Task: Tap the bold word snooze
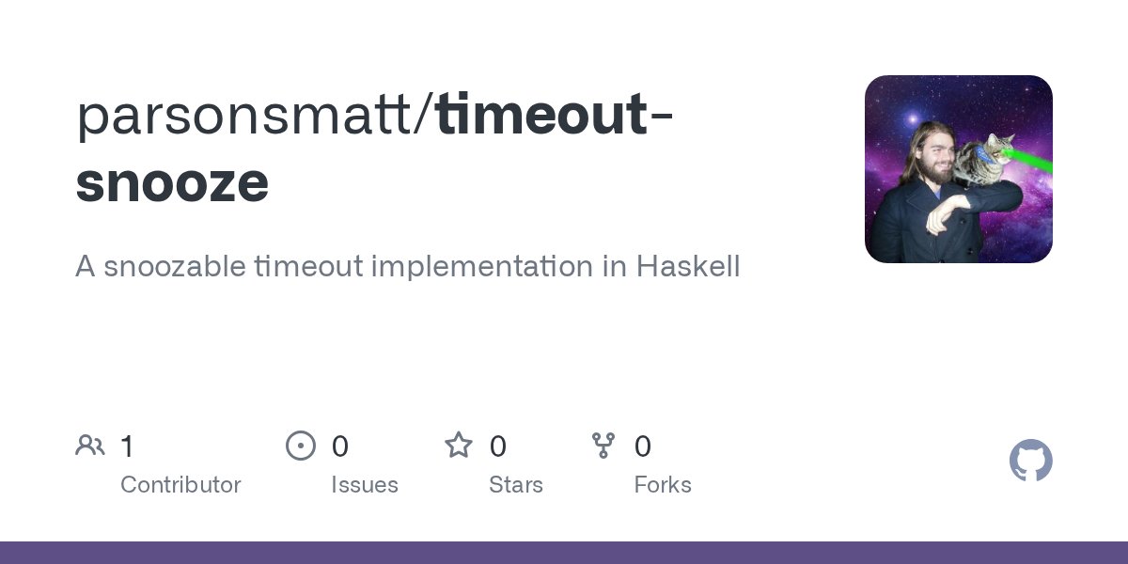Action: coord(172,182)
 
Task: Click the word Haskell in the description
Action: coord(688,266)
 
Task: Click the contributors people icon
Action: coord(90,446)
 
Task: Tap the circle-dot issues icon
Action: coord(301,446)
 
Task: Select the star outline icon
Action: coord(459,446)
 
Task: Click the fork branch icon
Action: coord(603,446)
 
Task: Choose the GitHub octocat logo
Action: coord(1030,462)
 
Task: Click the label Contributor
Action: coord(180,485)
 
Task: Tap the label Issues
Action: coord(365,485)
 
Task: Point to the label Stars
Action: coord(516,485)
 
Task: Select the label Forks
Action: coord(663,485)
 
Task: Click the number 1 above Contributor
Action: coord(127,446)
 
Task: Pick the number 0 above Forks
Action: coord(643,446)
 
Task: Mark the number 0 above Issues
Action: coord(340,446)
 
